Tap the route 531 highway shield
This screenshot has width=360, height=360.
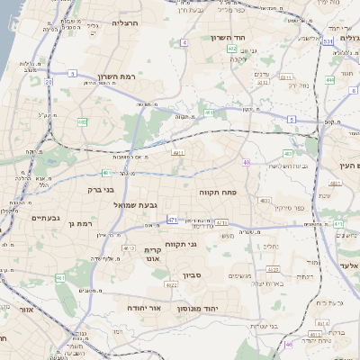pyautogui.click(x=328, y=41)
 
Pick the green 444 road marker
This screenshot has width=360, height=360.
pyautogui.click(x=329, y=80)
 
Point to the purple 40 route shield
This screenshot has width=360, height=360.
pyautogui.click(x=246, y=162)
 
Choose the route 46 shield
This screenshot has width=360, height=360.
pyautogui.click(x=289, y=344)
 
